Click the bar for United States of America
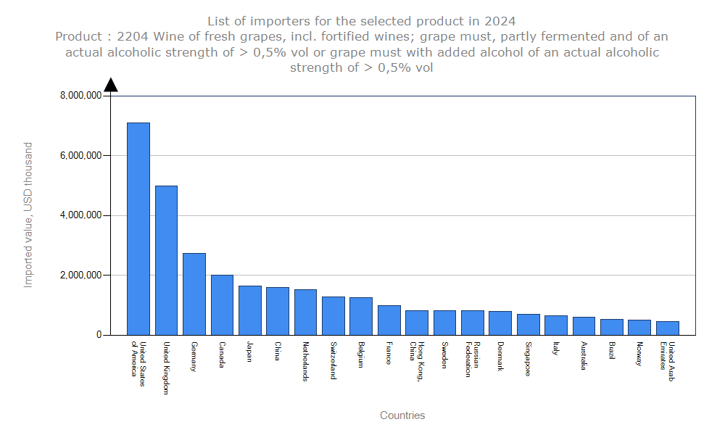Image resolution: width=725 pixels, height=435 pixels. click(138, 228)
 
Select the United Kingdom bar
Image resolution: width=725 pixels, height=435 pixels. click(166, 260)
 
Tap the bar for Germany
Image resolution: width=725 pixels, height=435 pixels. click(194, 294)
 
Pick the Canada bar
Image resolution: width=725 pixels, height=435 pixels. click(222, 304)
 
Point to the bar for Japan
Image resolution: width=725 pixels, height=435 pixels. click(249, 310)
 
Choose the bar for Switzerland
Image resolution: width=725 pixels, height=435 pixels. click(333, 315)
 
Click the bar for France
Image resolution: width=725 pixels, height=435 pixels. click(389, 320)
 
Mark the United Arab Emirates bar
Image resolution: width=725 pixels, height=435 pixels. click(668, 328)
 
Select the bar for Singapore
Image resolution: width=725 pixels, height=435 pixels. click(529, 324)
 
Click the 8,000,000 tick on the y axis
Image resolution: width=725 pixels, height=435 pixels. click(80, 96)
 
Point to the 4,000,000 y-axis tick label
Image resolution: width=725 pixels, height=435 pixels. click(80, 215)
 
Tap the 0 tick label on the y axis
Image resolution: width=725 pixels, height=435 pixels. click(97, 336)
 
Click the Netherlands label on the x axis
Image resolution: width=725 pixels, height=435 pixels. click(306, 361)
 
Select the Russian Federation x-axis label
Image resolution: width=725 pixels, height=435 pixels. click(472, 360)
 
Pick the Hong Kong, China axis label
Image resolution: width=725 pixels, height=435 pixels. click(416, 356)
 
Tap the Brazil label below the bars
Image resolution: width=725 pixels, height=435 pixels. click(612, 352)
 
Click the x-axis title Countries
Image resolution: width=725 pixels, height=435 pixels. click(402, 415)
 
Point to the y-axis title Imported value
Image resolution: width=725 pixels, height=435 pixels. click(28, 215)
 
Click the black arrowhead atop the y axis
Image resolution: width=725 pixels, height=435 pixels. click(111, 86)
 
